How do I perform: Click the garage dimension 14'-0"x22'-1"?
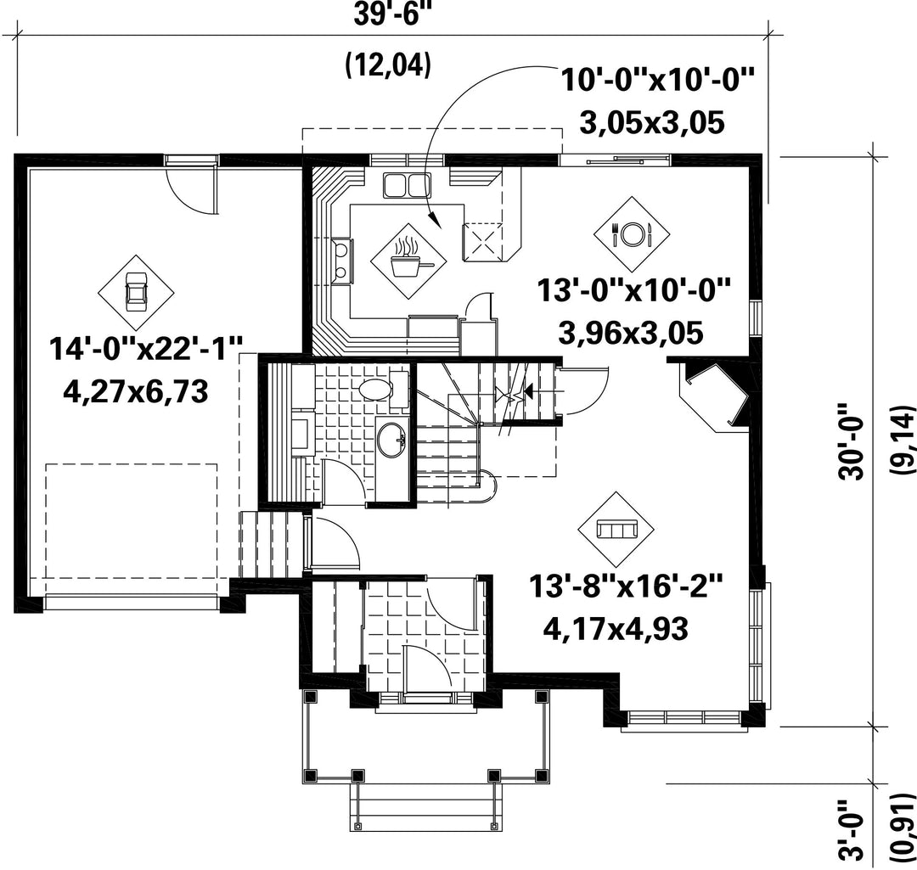(145, 350)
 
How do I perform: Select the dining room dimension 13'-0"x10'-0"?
(634, 290)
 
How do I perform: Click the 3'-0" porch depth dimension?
(852, 829)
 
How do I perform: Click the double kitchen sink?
(407, 185)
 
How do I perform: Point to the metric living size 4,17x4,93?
(616, 629)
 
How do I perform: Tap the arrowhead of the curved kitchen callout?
(433, 220)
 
